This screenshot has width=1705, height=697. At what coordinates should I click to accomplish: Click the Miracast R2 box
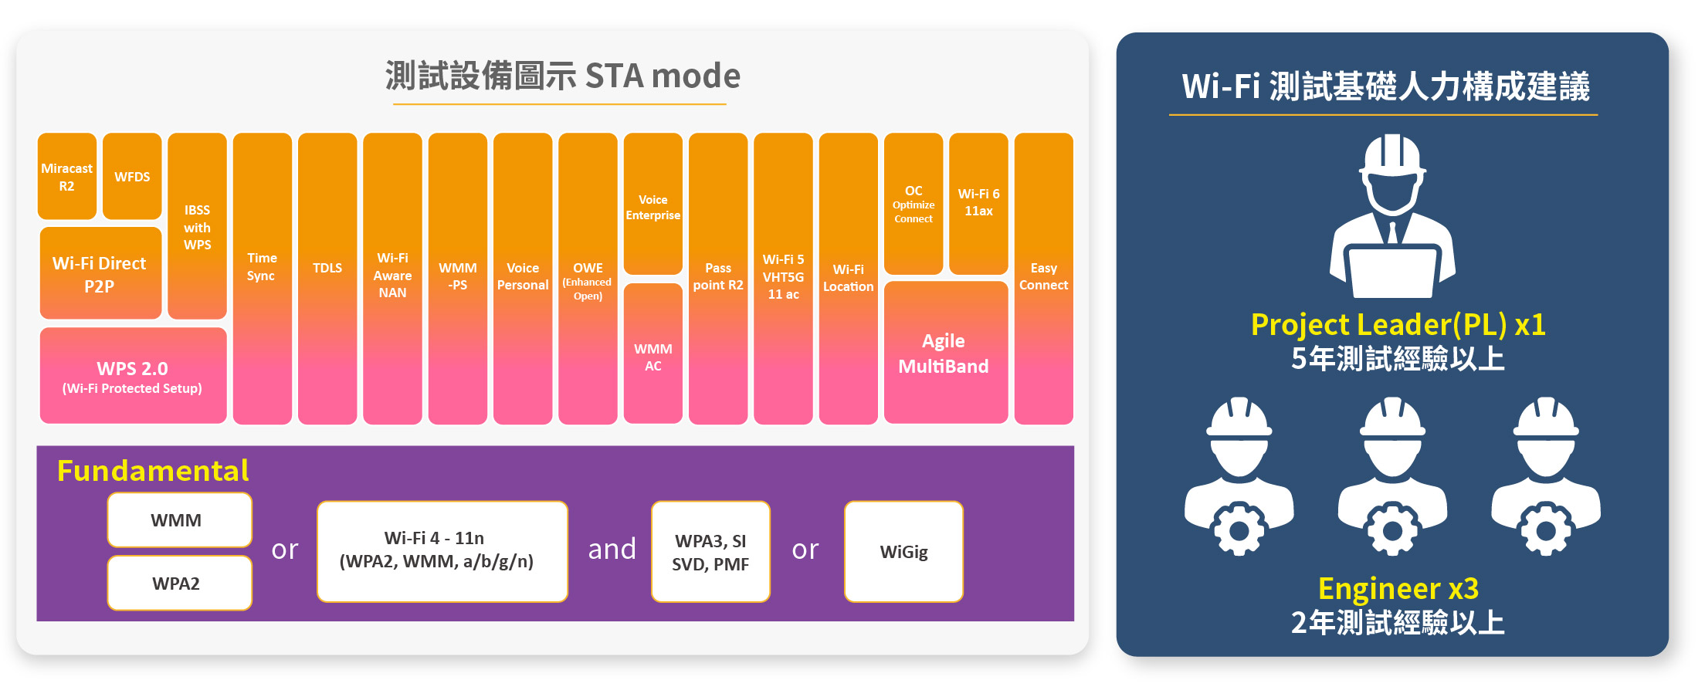coord(67,176)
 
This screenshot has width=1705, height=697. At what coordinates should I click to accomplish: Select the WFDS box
coord(132,176)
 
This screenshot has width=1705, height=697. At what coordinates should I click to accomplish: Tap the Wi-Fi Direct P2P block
coord(100,273)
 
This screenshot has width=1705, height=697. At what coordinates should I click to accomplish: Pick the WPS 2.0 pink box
coord(133,376)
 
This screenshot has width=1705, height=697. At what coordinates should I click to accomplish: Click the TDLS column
coord(327,279)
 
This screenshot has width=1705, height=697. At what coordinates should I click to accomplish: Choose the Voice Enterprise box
coord(653,204)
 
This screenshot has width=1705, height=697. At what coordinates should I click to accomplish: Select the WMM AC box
coord(653,354)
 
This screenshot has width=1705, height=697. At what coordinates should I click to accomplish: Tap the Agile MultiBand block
coord(946,353)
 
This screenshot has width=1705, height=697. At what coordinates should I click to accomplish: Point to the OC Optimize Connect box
coord(914,204)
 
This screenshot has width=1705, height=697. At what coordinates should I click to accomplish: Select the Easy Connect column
coord(1044,279)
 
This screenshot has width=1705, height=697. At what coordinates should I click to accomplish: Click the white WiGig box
coord(904,552)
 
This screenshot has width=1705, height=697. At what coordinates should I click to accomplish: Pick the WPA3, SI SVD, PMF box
coord(710,552)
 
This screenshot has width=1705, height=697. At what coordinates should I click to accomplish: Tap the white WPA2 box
coord(180,584)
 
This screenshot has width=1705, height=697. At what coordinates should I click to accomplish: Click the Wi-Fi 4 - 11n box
coord(442,552)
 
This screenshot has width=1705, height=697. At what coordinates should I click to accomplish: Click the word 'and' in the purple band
coord(612,550)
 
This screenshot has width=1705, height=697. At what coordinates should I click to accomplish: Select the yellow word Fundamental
coord(153,471)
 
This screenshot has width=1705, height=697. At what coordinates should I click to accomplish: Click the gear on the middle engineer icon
coord(1393,530)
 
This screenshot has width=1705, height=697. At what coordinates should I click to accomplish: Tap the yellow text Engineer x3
coord(1398,589)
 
